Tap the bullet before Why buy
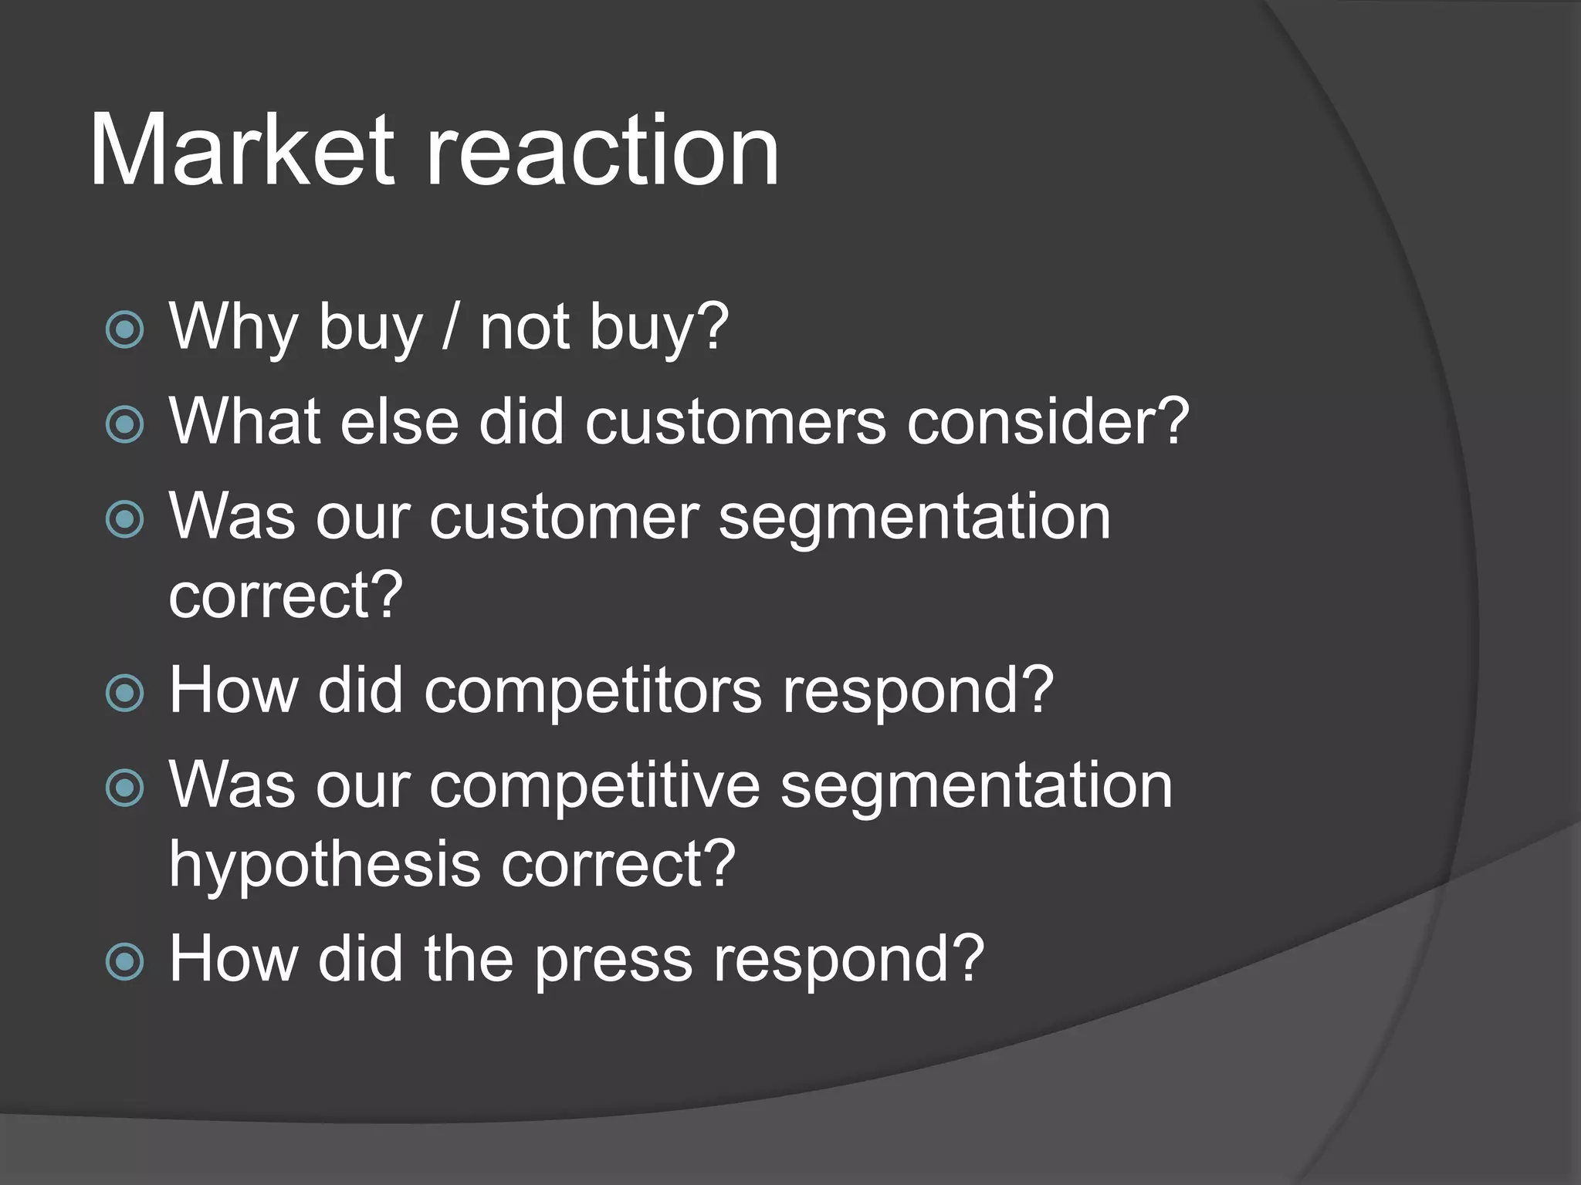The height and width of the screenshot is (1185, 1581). tap(124, 330)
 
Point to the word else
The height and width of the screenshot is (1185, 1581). tap(399, 422)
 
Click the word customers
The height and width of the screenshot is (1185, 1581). tap(735, 422)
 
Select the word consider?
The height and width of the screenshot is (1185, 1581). tap(1048, 422)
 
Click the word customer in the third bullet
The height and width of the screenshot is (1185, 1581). tap(564, 517)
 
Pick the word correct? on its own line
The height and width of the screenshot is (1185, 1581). tap(286, 596)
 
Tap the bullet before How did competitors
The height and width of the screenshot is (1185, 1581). tap(124, 693)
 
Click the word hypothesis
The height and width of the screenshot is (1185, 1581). tap(324, 866)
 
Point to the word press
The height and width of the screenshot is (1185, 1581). tap(614, 960)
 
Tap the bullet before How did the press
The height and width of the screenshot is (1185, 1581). tap(124, 962)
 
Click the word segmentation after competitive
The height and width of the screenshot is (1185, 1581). tap(976, 785)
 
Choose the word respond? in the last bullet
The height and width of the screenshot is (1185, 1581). tap(848, 960)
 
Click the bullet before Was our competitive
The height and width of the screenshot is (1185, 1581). tap(124, 788)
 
